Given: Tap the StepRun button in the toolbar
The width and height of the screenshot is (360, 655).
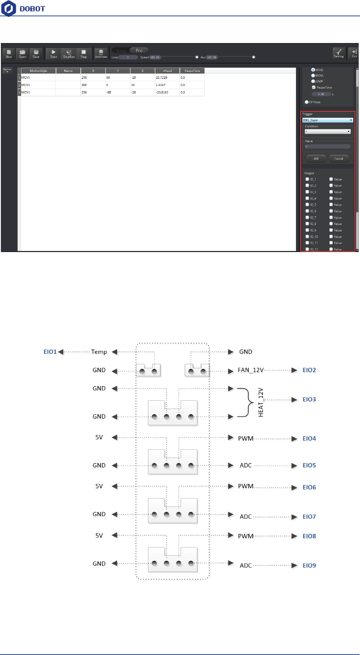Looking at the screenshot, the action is point(68,53).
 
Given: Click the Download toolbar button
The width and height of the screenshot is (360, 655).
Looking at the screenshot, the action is point(101,53).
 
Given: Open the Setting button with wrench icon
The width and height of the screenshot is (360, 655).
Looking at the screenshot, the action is point(338,53).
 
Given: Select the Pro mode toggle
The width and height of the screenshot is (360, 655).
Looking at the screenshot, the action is point(139,51).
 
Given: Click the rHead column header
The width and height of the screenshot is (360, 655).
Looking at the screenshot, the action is point(167,71).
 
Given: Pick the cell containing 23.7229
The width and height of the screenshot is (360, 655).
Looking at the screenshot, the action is point(167,78).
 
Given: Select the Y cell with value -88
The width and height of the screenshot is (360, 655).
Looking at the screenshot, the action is point(118,92).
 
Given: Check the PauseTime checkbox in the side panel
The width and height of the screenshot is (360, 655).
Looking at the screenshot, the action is point(314,87).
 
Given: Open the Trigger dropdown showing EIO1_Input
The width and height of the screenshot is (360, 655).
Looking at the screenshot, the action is point(328,120).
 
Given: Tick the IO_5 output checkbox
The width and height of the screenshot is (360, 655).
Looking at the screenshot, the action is point(307,205).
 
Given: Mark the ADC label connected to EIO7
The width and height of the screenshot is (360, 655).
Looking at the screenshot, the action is point(246,517).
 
